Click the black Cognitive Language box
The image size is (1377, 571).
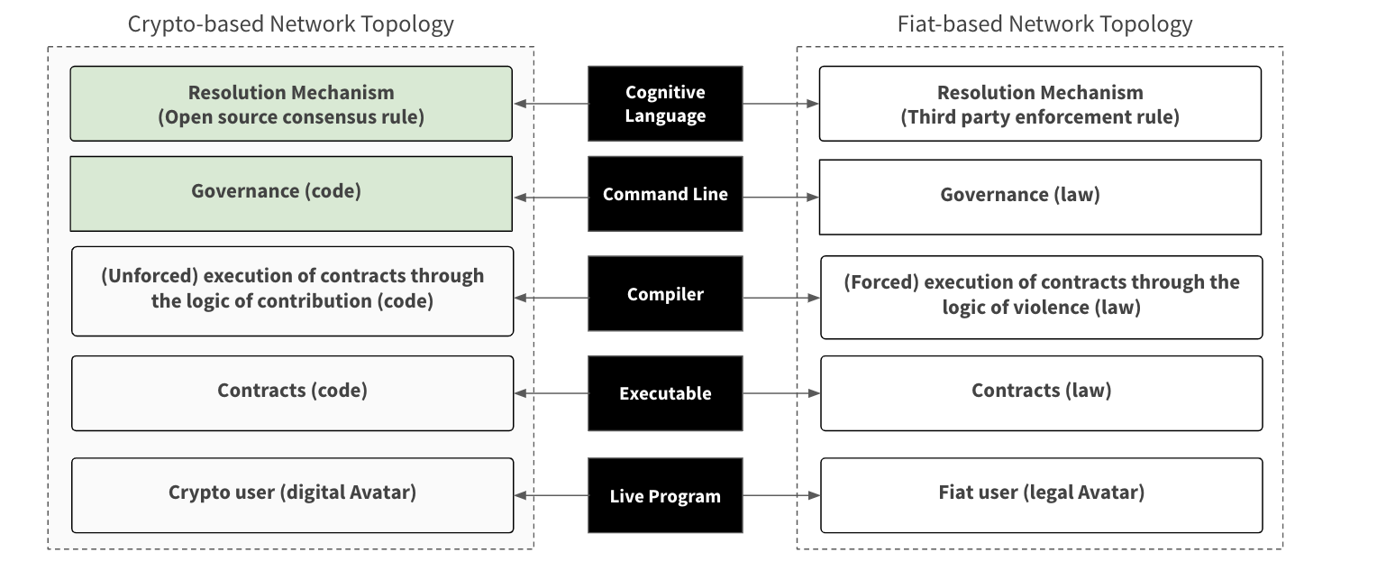click(665, 104)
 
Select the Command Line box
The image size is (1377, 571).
click(665, 194)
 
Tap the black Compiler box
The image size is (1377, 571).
click(665, 293)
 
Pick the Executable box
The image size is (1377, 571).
click(665, 393)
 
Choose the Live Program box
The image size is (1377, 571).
click(665, 495)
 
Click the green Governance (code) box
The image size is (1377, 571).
click(291, 194)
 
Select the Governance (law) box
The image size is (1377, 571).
click(1040, 197)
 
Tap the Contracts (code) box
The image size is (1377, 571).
click(293, 393)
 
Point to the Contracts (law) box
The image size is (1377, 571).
click(1042, 393)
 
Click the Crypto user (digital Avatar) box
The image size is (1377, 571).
click(293, 495)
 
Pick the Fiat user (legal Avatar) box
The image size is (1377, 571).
click(1042, 495)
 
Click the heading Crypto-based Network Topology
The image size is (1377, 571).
click(291, 24)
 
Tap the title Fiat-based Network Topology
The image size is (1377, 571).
click(1045, 24)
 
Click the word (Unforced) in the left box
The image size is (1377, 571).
click(150, 276)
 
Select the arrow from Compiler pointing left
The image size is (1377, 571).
click(551, 298)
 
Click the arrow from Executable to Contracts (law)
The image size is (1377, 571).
click(781, 393)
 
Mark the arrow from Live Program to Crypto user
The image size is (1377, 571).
click(551, 495)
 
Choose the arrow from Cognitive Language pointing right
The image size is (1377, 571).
click(780, 104)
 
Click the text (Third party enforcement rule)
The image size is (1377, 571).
click(1040, 117)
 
